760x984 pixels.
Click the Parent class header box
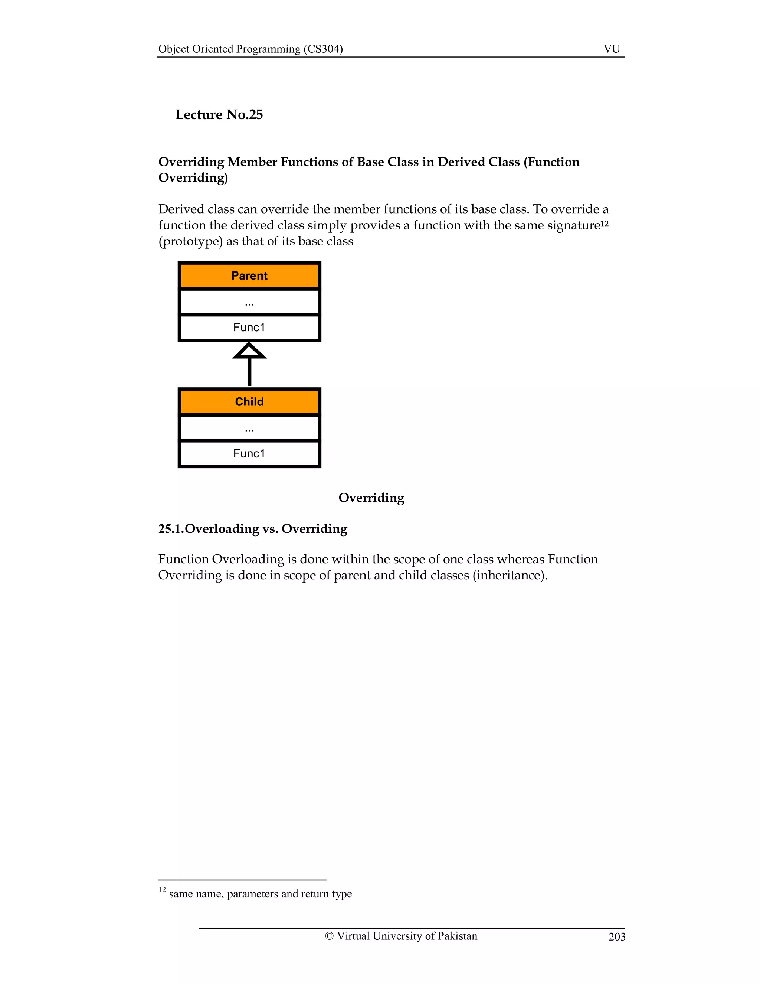click(249, 276)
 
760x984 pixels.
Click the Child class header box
click(249, 402)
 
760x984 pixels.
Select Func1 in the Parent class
click(249, 328)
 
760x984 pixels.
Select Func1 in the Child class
click(249, 454)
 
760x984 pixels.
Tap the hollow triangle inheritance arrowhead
click(249, 351)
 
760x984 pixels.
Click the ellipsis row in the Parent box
click(249, 302)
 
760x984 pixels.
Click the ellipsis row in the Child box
click(249, 429)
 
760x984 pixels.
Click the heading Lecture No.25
click(219, 115)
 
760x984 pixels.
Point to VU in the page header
click(612, 49)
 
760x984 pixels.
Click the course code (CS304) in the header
click(323, 49)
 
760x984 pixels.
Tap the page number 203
click(616, 937)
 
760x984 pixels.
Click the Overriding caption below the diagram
click(371, 498)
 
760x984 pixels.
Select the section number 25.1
click(171, 529)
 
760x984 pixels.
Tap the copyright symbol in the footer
click(329, 936)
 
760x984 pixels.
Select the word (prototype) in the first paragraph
click(190, 241)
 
